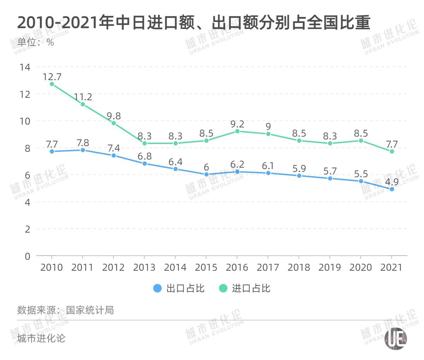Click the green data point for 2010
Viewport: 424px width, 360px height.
coord(52,84)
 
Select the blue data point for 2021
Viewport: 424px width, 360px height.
coord(391,189)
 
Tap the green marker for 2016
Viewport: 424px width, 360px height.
coord(237,131)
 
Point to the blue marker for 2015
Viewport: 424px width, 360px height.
coord(206,174)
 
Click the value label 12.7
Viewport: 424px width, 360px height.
coord(52,76)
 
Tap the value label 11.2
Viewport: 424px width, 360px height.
coord(83,97)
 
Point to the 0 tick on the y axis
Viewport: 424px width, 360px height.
coord(28,256)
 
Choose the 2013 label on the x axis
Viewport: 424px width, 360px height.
coord(144,267)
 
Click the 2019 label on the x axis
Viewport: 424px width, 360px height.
coord(330,267)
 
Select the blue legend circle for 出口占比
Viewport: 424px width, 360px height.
coord(158,288)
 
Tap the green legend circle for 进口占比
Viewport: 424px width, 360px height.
coord(223,288)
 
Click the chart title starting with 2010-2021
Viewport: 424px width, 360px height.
coord(193,23)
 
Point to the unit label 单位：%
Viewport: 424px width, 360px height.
coord(36,42)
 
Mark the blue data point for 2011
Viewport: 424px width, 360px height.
coord(83,150)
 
